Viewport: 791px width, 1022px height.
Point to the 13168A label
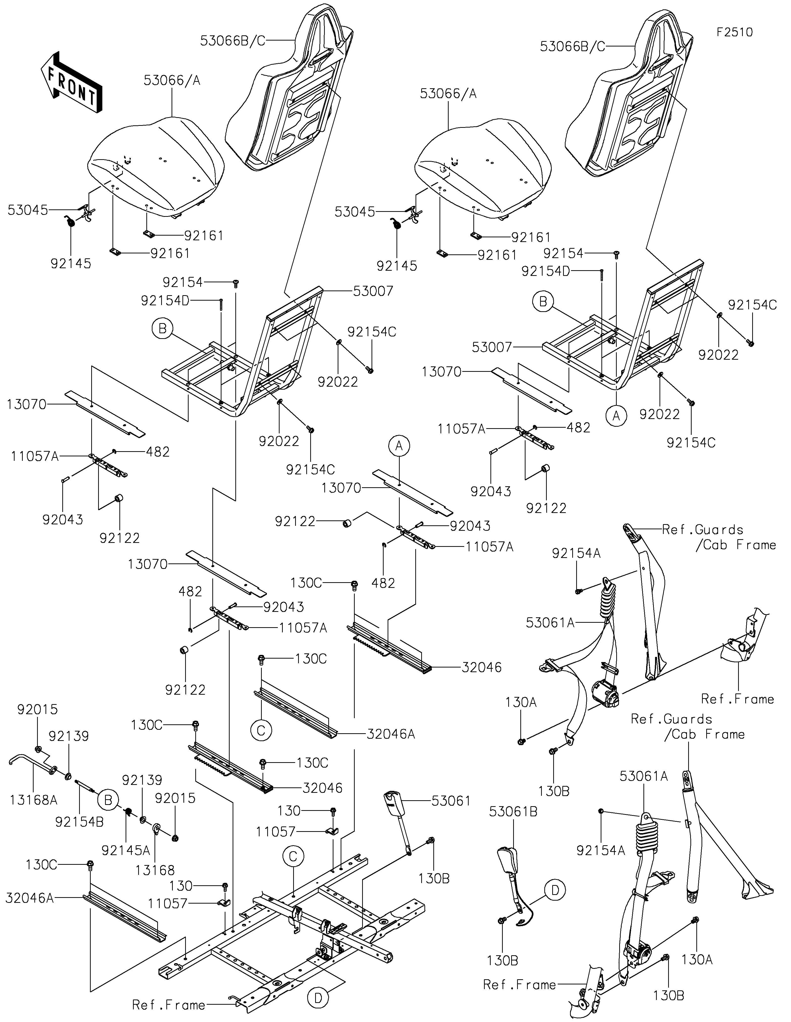pos(34,800)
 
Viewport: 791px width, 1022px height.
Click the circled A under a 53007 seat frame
pos(616,415)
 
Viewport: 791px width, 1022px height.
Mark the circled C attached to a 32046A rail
pos(261,730)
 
